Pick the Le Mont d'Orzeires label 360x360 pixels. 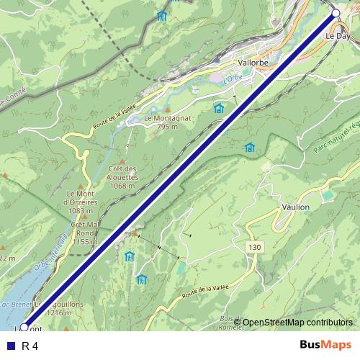[81, 201]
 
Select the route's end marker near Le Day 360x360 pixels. [335, 13]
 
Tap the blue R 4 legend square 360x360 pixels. [10, 346]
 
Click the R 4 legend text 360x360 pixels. [30, 346]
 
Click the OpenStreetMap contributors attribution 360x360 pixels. [297, 323]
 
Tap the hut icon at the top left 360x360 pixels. [161, 16]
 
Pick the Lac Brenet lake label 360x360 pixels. [15, 305]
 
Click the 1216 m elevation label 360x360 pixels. [58, 313]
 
